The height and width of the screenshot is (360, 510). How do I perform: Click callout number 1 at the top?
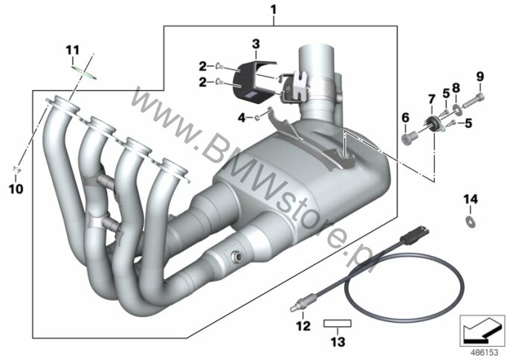[x=274, y=10]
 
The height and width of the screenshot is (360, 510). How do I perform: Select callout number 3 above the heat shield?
[x=256, y=44]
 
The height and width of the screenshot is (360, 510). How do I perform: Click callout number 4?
[x=242, y=118]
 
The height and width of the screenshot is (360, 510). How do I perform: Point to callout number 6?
[x=405, y=118]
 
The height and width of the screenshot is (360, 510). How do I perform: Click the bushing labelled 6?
[x=409, y=138]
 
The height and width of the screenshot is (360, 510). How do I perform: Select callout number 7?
[x=432, y=99]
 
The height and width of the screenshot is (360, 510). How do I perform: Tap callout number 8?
[x=456, y=87]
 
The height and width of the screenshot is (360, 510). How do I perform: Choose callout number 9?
[x=480, y=77]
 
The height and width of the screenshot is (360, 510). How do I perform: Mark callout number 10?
[x=16, y=189]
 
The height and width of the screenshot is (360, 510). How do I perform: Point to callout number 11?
[x=72, y=51]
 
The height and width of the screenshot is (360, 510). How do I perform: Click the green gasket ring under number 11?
[x=84, y=73]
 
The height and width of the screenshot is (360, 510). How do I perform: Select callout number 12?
[x=303, y=326]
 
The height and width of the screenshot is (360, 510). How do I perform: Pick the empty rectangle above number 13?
[x=338, y=324]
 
